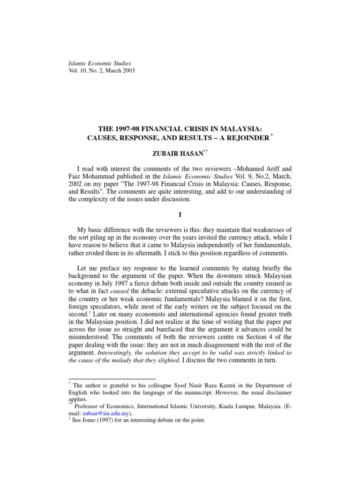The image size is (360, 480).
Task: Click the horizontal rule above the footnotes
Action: coord(112,379)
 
